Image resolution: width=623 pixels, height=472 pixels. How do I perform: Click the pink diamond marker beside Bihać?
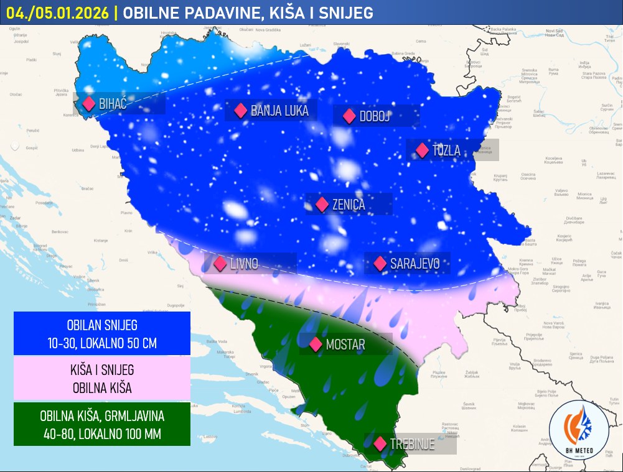[x=88, y=104]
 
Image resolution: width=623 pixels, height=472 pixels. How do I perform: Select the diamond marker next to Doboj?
[x=349, y=116]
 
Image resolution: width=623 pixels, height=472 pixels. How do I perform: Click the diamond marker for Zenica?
[x=322, y=204]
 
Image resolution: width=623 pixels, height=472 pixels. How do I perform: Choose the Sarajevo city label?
[x=415, y=264]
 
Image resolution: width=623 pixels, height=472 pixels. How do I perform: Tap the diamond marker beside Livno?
[x=220, y=264]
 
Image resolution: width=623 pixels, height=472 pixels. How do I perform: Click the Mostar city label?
[x=345, y=345]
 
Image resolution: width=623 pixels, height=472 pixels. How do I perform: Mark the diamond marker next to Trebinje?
[x=380, y=444]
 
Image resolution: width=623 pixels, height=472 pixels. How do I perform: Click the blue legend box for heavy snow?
[x=101, y=333]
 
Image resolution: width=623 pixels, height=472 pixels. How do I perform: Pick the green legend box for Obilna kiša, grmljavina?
[x=101, y=425]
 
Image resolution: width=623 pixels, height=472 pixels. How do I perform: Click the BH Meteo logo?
[x=579, y=430]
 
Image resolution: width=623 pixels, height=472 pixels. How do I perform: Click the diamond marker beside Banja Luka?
[x=240, y=111]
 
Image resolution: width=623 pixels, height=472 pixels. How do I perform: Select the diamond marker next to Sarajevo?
[x=380, y=264]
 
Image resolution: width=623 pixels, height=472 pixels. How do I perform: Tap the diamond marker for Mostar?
[x=316, y=344]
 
